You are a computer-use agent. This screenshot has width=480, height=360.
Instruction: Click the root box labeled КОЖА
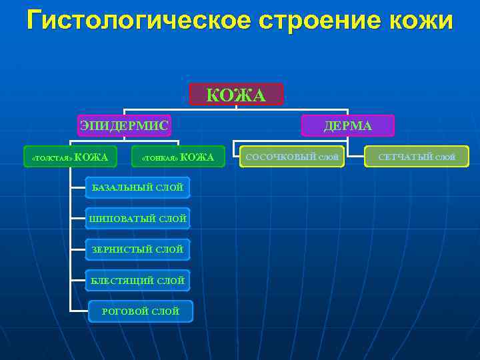click(236, 95)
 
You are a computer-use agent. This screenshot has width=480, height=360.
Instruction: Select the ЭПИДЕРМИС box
click(124, 125)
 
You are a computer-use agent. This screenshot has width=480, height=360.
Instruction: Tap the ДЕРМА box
click(348, 125)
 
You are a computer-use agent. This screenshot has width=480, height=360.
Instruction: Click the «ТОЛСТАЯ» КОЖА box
click(70, 157)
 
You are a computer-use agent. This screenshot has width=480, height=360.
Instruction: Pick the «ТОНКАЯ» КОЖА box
click(178, 157)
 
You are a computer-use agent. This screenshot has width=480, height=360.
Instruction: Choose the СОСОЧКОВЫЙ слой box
click(292, 157)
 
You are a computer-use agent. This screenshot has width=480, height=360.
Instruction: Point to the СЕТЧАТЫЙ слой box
click(417, 157)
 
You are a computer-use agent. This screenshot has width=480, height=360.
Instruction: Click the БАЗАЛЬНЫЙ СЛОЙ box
click(137, 187)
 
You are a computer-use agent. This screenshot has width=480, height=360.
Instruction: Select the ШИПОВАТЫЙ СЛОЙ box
click(137, 219)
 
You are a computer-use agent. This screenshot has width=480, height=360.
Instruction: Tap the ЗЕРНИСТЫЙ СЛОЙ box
click(137, 249)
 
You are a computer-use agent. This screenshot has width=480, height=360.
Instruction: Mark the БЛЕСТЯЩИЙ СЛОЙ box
click(137, 281)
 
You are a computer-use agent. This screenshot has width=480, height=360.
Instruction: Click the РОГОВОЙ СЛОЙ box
click(140, 311)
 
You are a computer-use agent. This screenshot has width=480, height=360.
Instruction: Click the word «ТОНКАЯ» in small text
click(159, 158)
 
